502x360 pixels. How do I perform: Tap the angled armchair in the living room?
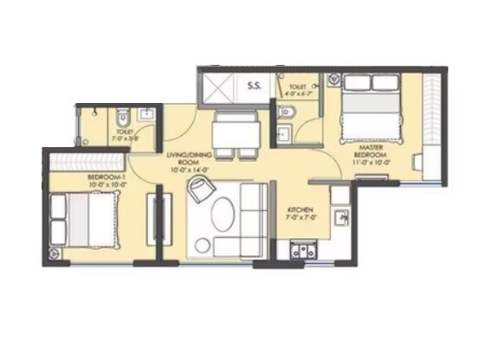pyautogui.click(x=199, y=191)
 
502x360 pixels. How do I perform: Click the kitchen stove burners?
pyautogui.click(x=303, y=252)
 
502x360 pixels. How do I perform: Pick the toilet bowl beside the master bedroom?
pyautogui.click(x=287, y=113)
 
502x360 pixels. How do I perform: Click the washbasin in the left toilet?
pyautogui.click(x=146, y=114)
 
